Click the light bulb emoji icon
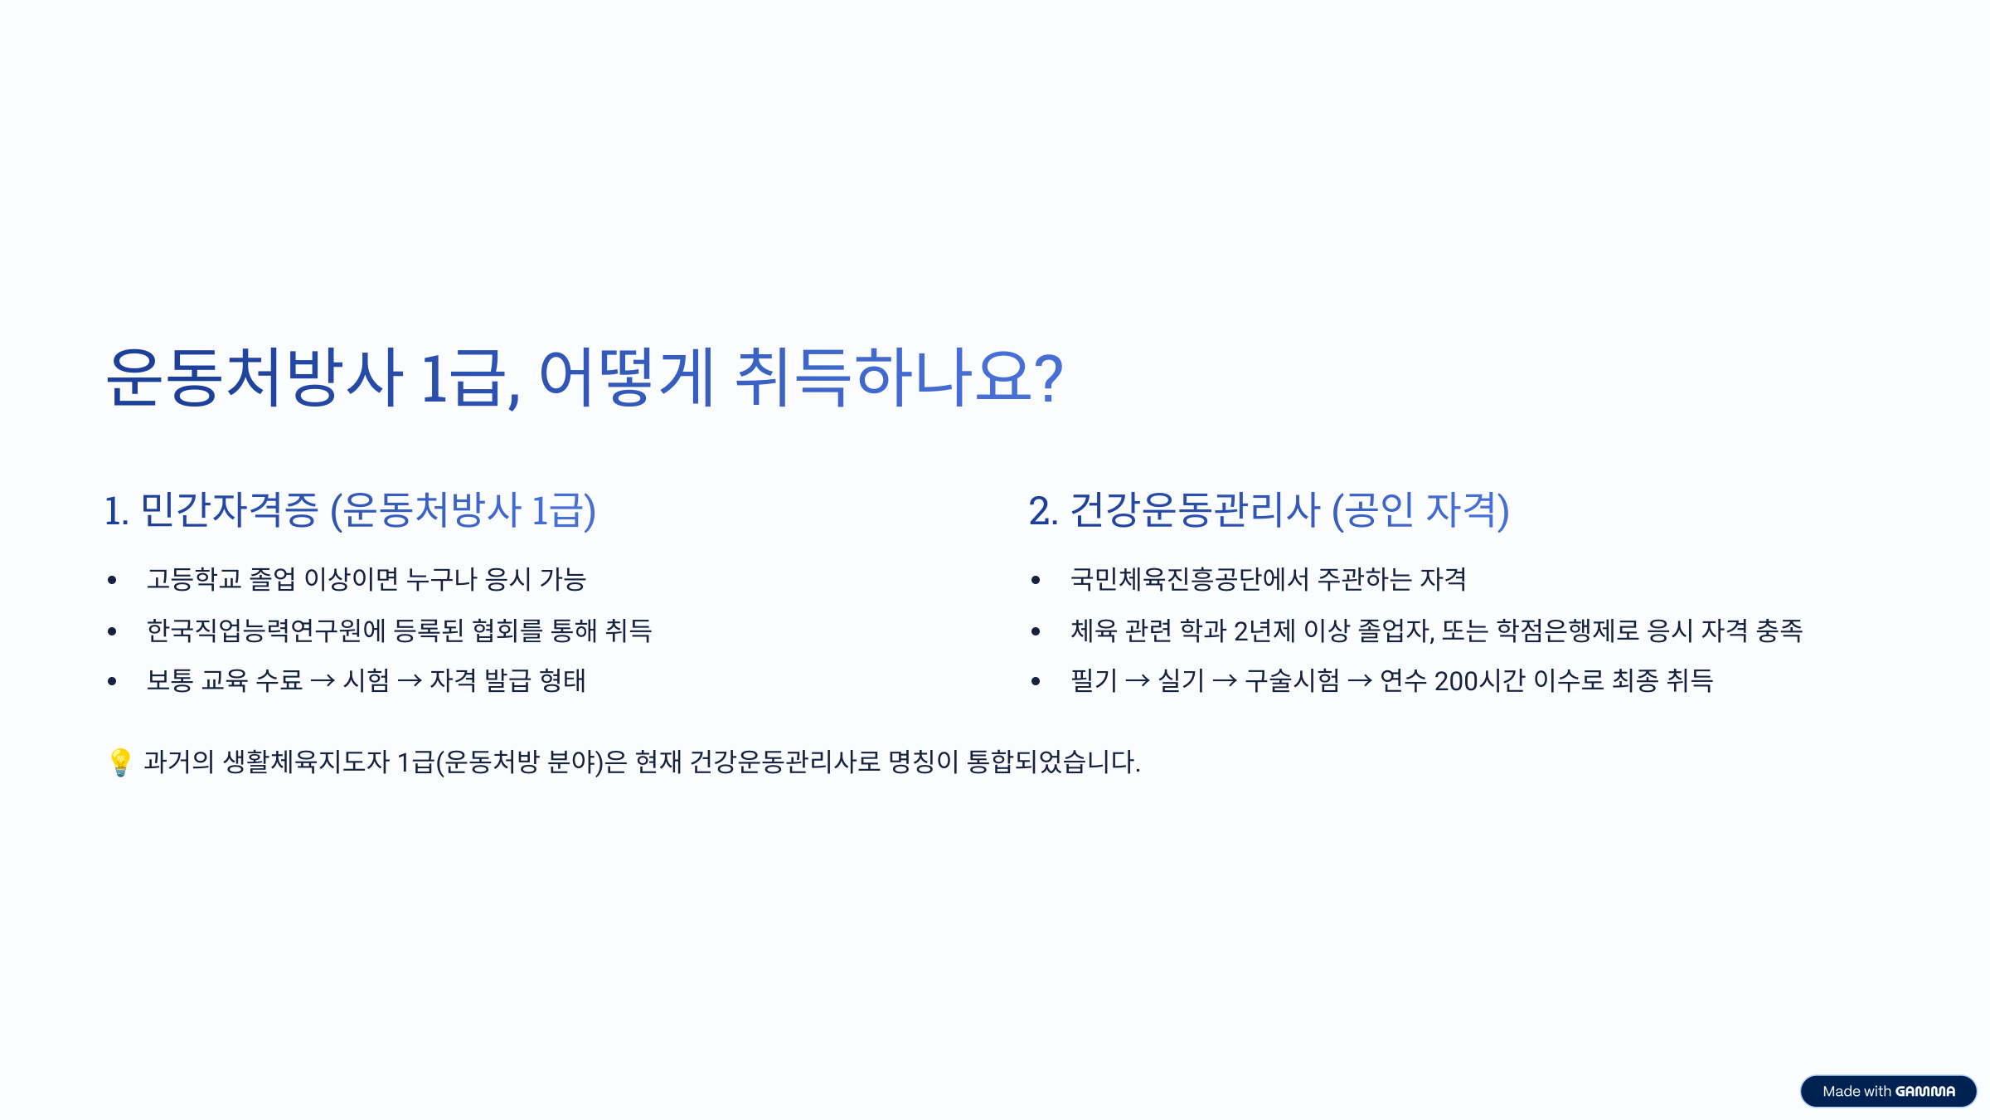click(x=120, y=762)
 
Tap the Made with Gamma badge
click(x=1888, y=1091)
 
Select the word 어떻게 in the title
click(x=626, y=378)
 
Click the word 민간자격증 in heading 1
click(x=230, y=509)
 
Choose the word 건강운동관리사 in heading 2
click(x=1195, y=509)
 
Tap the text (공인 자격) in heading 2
click(x=1420, y=509)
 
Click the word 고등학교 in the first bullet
click(x=194, y=579)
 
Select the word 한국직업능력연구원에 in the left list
click(x=266, y=631)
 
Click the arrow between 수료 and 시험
click(x=323, y=681)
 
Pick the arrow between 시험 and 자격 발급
click(x=410, y=681)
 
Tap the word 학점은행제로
click(x=1568, y=631)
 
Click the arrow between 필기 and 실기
click(x=1138, y=681)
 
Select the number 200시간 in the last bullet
click(x=1480, y=681)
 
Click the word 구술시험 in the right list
click(x=1292, y=681)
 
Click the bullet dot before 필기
click(x=1036, y=681)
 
